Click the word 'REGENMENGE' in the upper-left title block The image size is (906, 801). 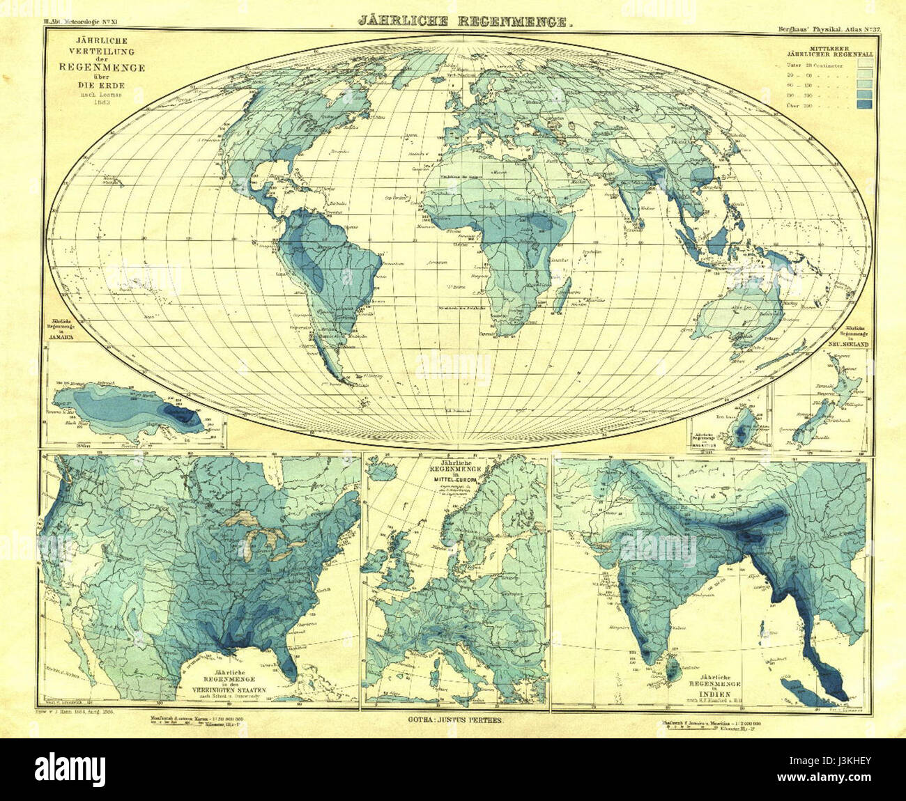pyautogui.click(x=102, y=68)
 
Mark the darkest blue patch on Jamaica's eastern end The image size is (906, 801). pyautogui.click(x=185, y=417)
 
